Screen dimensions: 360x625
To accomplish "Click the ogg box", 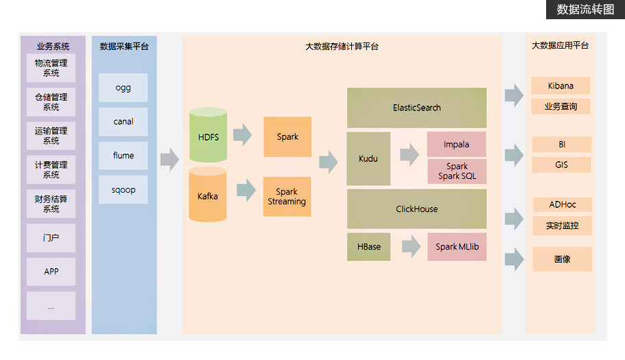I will click(x=123, y=88).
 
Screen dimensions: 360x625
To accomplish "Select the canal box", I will click(x=123, y=121).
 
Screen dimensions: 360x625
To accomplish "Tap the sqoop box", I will click(x=123, y=189).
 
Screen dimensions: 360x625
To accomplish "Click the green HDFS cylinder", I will click(x=208, y=136).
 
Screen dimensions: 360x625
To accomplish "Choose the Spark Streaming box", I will click(x=287, y=197).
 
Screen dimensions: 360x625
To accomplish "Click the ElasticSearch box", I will click(x=416, y=108).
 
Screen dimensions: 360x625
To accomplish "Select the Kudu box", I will click(x=368, y=158).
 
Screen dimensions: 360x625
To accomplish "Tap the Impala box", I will click(x=456, y=145).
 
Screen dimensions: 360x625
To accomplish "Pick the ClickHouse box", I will click(x=416, y=209).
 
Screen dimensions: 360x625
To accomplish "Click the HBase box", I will click(x=368, y=247).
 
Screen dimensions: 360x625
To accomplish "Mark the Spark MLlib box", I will click(x=457, y=247).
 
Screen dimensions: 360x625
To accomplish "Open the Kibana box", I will click(x=561, y=86).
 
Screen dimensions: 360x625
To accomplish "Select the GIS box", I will click(x=561, y=165).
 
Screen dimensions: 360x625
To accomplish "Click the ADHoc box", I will click(x=562, y=204).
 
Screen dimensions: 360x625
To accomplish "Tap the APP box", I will click(x=51, y=272).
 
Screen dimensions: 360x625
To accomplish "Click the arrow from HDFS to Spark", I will click(x=242, y=135).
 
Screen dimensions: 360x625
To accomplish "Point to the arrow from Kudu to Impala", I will click(x=410, y=155).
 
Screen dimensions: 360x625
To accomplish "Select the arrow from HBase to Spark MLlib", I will click(x=411, y=247).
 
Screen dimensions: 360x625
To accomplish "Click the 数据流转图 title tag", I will click(x=585, y=10).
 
